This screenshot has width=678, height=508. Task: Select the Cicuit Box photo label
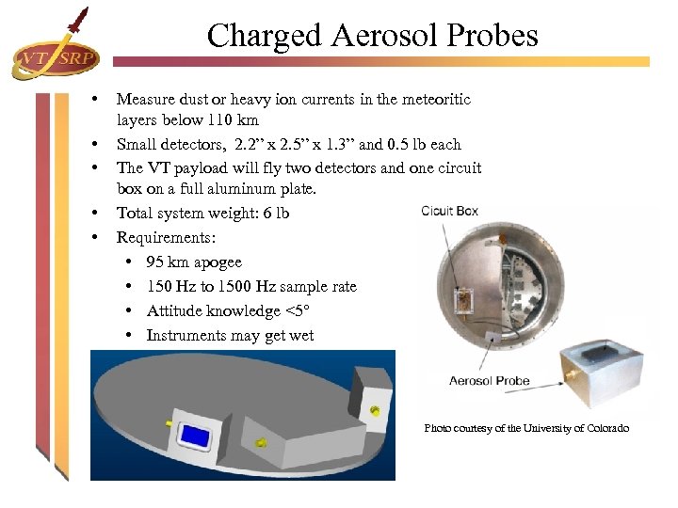tap(449, 211)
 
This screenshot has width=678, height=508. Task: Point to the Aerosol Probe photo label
tap(489, 381)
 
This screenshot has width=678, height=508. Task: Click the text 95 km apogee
tap(194, 262)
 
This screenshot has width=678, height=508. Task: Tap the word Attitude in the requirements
tap(175, 311)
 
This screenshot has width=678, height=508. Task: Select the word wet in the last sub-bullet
tap(301, 336)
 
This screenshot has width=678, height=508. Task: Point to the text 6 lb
tap(275, 214)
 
